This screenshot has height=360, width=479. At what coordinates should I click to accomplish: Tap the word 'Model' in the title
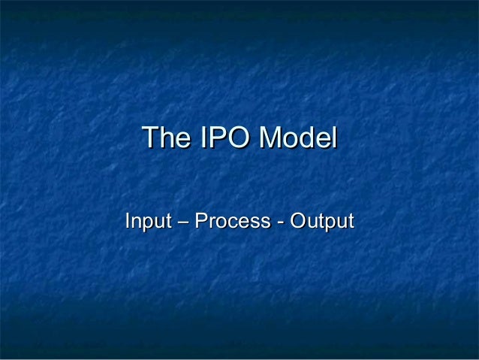pyautogui.click(x=299, y=138)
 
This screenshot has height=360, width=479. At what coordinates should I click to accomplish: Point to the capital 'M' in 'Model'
pyautogui.click(x=270, y=138)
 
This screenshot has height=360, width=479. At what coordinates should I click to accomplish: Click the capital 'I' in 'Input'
pyautogui.click(x=127, y=222)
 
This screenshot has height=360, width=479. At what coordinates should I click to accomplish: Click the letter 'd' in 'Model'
pyautogui.click(x=307, y=138)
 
